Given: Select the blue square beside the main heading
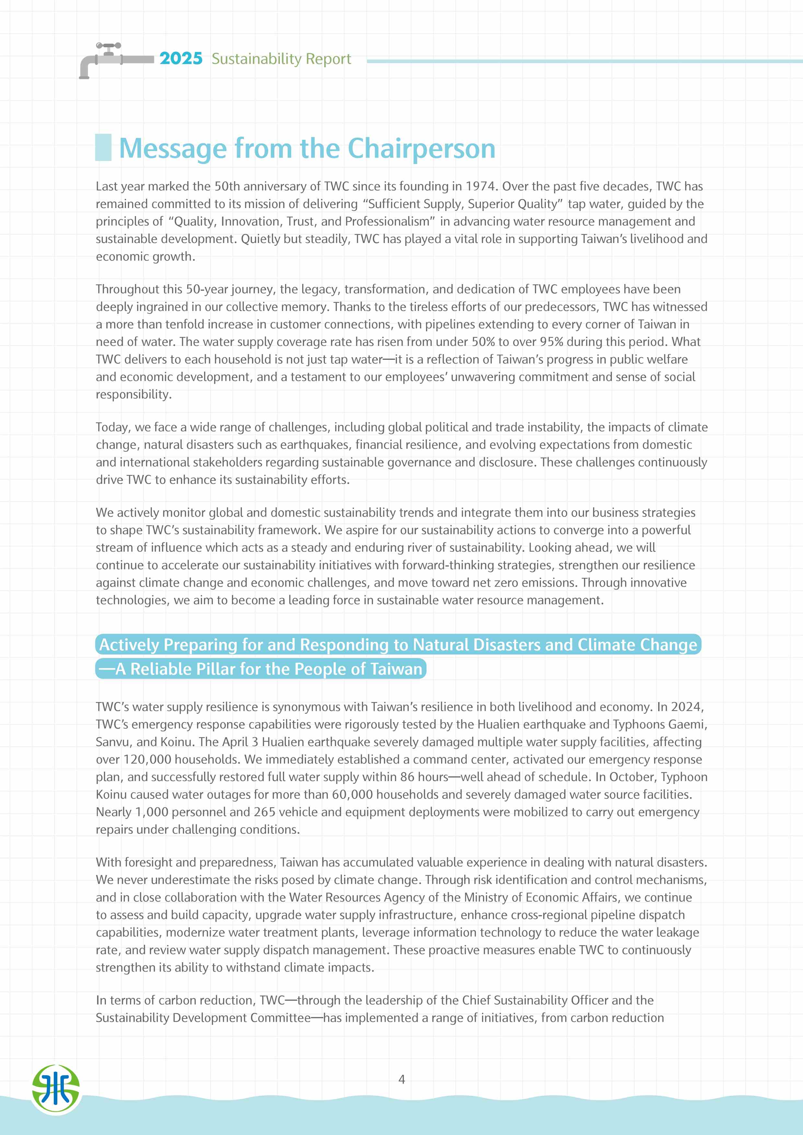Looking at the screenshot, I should [103, 147].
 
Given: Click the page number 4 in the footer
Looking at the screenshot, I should [402, 1079].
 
